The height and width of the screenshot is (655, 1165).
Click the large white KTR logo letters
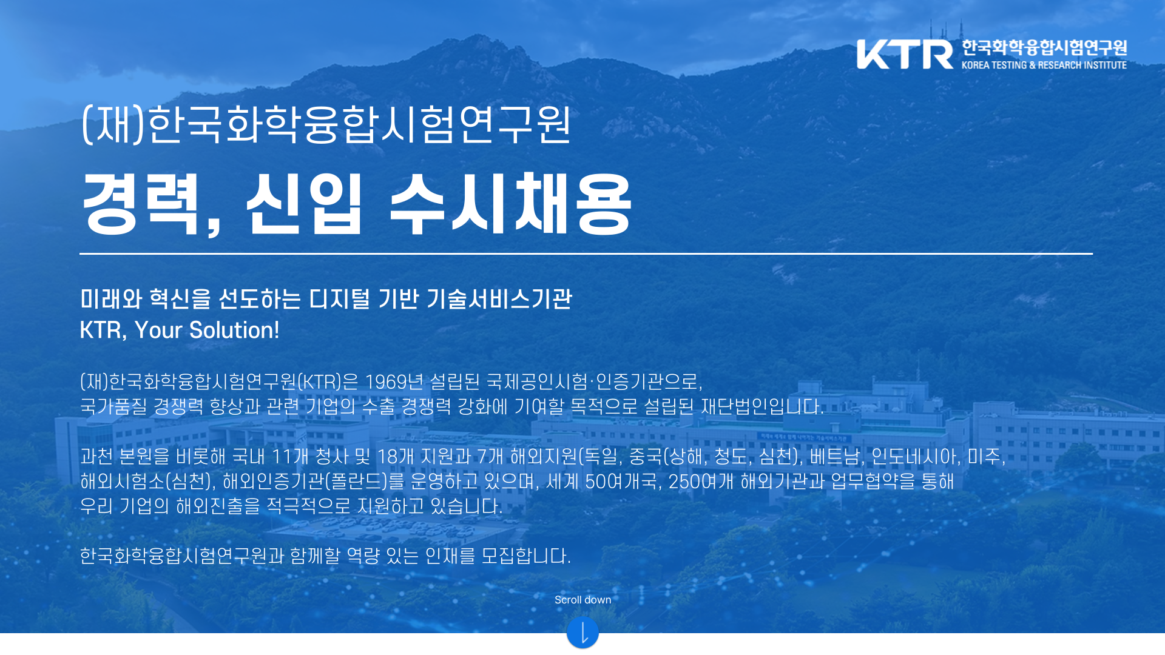[905, 55]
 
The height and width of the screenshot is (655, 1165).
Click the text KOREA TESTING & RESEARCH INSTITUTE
[1044, 65]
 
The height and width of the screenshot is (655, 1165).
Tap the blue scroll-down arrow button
[582, 633]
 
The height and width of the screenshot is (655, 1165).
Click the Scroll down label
[583, 600]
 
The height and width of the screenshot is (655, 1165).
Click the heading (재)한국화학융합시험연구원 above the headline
[326, 124]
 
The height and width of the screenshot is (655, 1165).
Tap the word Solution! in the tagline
[234, 330]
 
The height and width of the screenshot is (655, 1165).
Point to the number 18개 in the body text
[396, 456]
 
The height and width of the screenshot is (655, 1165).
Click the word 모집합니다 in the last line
[525, 556]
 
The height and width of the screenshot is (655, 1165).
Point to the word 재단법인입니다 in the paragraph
[761, 406]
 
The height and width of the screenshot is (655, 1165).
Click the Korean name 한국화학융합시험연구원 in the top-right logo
[1044, 47]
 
